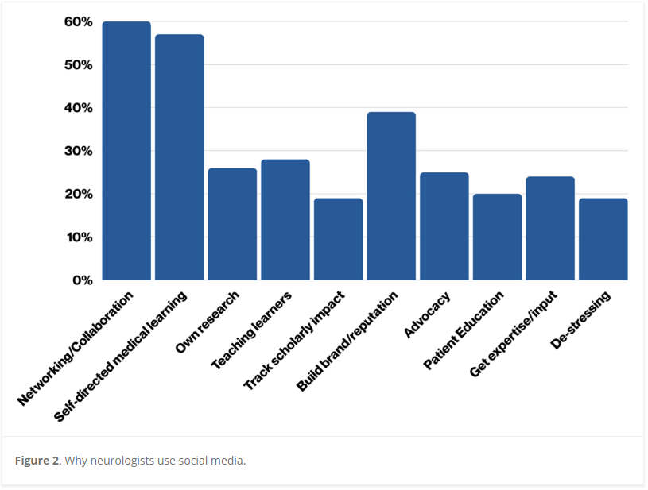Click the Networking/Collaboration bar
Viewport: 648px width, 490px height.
coord(126,151)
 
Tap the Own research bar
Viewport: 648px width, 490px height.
coord(232,224)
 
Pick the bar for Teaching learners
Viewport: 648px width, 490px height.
coord(285,220)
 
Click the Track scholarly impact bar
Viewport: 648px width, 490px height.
coord(338,239)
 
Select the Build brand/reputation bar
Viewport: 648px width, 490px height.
coord(391,196)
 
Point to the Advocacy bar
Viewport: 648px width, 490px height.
coord(444,226)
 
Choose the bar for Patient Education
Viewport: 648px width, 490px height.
coord(497,237)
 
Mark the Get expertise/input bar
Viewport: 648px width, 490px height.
coord(550,229)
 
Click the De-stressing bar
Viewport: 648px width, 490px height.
coord(603,239)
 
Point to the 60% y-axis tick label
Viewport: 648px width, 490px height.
coord(78,21)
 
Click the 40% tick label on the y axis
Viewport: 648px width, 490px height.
coord(78,108)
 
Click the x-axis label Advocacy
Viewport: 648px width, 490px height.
coord(429,314)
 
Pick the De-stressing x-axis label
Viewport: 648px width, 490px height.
coord(581,321)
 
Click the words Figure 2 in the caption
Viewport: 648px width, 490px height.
coord(37,461)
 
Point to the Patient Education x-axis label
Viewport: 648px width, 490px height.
coord(464,330)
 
